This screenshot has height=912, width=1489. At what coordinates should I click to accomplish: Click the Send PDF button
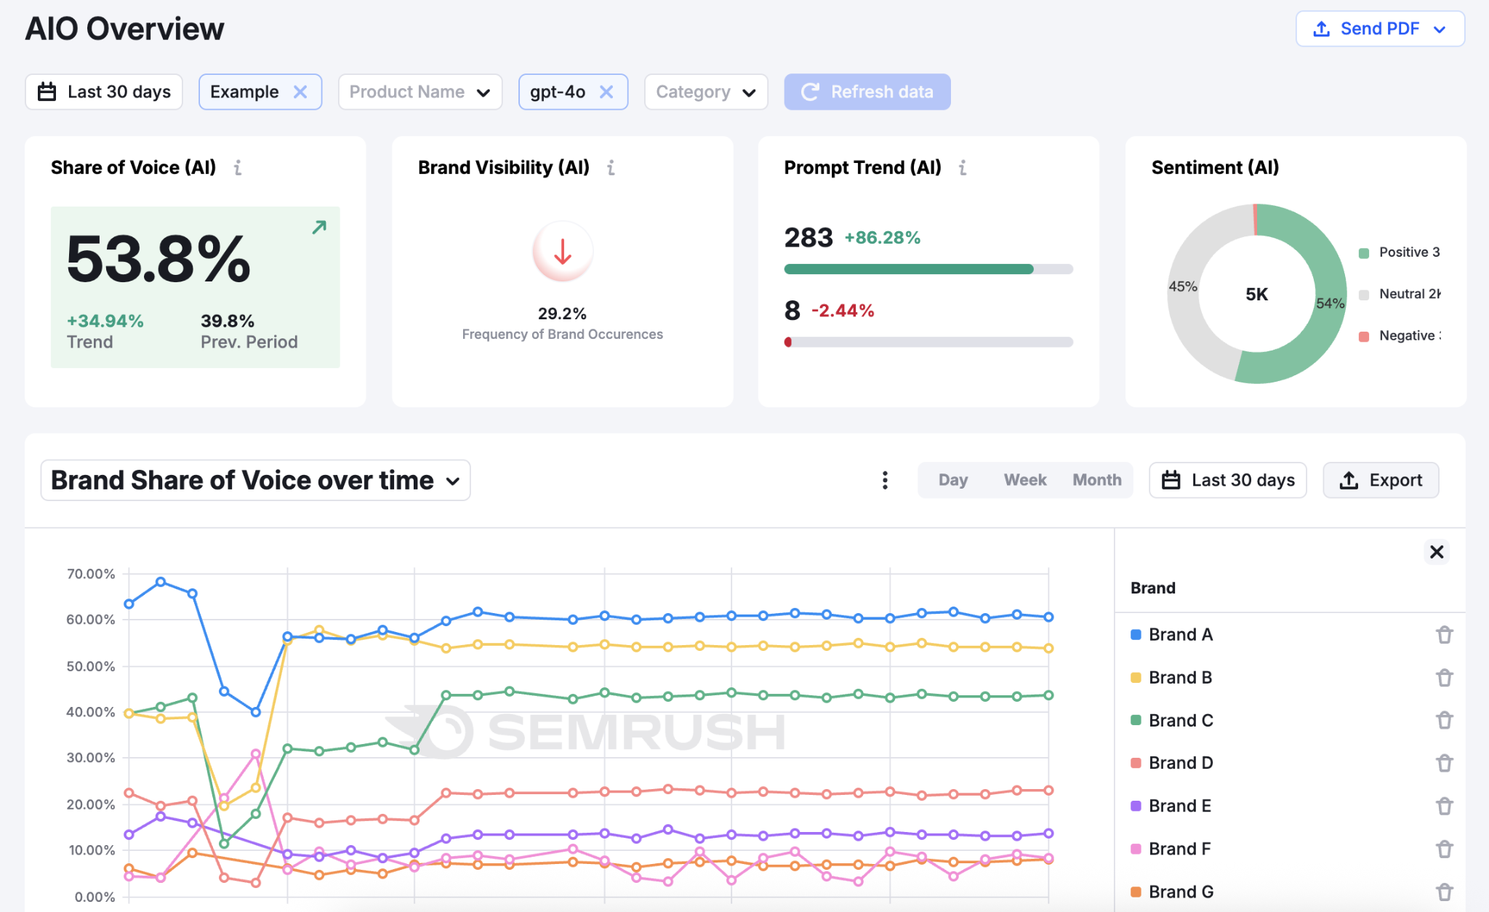[x=1379, y=29]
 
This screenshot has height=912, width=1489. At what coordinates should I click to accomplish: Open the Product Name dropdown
[x=420, y=92]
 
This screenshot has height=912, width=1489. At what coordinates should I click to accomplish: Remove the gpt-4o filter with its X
[x=606, y=92]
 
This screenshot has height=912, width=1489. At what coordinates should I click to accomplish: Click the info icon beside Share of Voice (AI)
[x=238, y=168]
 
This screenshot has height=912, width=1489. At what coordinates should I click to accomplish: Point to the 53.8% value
[x=158, y=259]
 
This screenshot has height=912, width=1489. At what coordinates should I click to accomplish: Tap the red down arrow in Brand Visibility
[x=562, y=252]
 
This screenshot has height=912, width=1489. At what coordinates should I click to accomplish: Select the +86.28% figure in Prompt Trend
[x=882, y=238]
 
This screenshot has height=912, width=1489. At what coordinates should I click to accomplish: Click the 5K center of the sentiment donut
[x=1256, y=295]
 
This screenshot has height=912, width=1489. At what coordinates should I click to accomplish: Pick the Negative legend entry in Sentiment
[x=1400, y=336]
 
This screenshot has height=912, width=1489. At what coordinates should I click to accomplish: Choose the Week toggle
[x=1024, y=480]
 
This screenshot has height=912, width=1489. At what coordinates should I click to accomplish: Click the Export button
[x=1380, y=480]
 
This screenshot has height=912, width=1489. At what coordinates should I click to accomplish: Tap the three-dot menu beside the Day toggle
[x=885, y=480]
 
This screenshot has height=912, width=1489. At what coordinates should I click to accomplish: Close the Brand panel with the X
[x=1436, y=552]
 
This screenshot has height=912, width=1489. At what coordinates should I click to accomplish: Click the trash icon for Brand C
[x=1444, y=720]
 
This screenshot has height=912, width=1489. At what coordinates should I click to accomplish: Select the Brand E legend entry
[x=1179, y=806]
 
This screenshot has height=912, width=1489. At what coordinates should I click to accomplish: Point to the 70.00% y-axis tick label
[x=91, y=574]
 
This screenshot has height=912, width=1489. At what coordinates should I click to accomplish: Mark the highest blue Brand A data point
[x=161, y=582]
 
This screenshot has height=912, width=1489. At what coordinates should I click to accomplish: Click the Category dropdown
[x=705, y=92]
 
